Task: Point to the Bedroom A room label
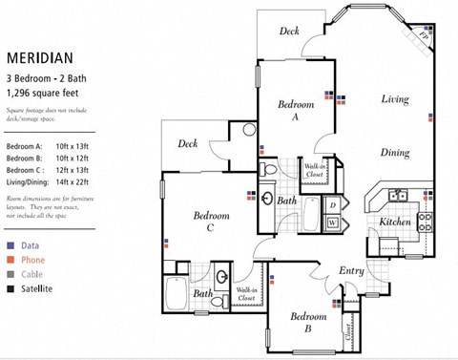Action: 296,110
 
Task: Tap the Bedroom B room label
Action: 309,321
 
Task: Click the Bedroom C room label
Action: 210,222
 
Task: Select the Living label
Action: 395,99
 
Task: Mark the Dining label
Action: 395,153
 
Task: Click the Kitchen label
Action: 395,222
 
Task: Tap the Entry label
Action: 352,271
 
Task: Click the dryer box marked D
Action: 332,205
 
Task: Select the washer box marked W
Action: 332,222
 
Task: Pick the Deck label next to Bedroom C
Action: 188,144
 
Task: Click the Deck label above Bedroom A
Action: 289,32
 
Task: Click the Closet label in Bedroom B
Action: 348,329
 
